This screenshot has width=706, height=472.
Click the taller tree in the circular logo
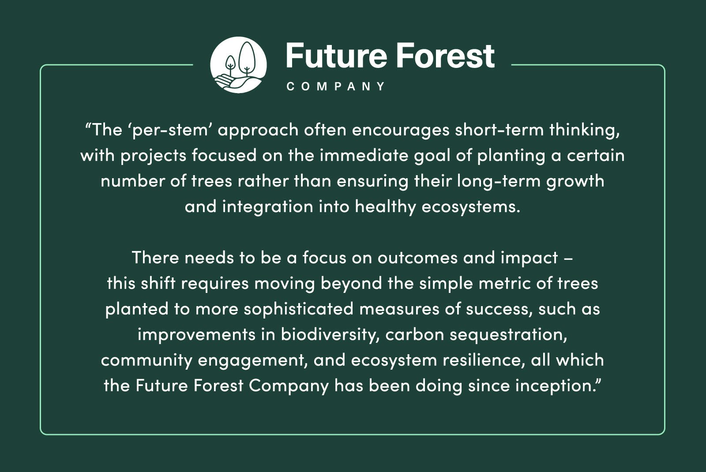[247, 59]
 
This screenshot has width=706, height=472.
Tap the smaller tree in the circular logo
[230, 65]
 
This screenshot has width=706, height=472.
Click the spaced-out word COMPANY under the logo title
[336, 86]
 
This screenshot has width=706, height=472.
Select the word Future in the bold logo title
[336, 56]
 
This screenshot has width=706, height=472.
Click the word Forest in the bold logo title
[445, 56]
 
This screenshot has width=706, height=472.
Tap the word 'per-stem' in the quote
[170, 130]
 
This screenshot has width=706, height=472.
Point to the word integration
[267, 207]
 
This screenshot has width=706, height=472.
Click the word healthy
[386, 207]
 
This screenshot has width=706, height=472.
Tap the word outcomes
[417, 258]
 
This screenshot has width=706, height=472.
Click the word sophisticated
[299, 309]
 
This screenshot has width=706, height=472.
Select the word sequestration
[508, 335]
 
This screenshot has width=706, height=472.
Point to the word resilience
[483, 360]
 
